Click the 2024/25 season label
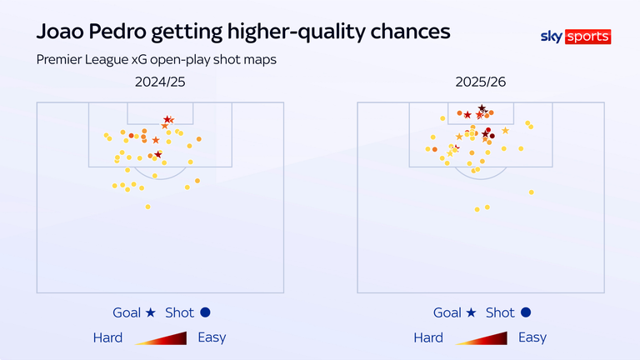point(160,82)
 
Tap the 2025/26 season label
point(480,82)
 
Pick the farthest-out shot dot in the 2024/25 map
point(147,207)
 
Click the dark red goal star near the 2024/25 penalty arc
point(158,154)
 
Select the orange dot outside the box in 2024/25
point(197,181)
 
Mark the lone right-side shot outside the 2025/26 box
point(530,192)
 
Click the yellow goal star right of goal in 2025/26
point(505,131)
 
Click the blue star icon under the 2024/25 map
point(150,313)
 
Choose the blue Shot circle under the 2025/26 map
point(525,313)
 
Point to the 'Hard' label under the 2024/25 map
point(107,337)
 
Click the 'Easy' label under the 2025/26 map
point(532,337)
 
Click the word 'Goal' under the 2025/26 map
point(447,313)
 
